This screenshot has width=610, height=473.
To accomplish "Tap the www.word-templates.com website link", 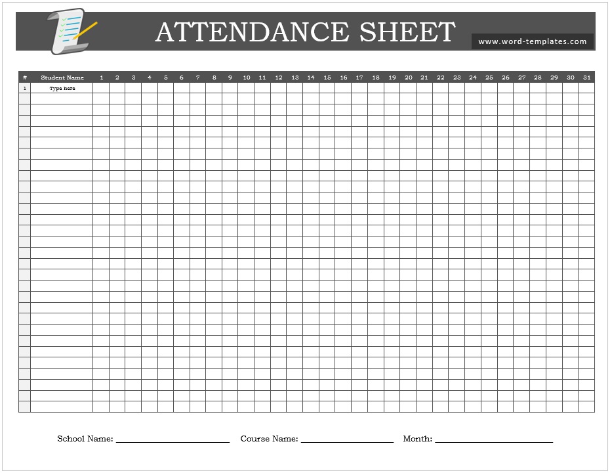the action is tap(532, 41).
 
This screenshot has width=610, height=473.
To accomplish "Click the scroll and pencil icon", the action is tap(70, 31).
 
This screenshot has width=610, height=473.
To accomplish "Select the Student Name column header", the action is tap(62, 78).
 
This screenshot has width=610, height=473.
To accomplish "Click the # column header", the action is tap(25, 78).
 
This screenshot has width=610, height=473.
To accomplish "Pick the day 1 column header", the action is tap(101, 78).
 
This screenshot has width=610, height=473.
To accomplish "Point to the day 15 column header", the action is tap(327, 78).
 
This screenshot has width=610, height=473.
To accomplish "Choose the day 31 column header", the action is tap(586, 78).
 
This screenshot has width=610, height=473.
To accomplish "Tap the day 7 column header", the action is tap(198, 78).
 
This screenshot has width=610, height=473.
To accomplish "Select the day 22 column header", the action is tap(440, 78).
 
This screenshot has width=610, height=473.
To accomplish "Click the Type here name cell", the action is tap(62, 89).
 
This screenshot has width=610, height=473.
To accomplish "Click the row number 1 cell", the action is tap(25, 89).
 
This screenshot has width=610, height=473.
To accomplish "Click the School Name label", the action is tap(85, 439).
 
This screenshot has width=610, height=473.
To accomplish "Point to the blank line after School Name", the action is tap(173, 441).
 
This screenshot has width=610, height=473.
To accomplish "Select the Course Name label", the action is tap(269, 439).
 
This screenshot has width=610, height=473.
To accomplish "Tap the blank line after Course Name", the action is tap(347, 441).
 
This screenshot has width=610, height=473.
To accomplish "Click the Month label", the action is tap(417, 439).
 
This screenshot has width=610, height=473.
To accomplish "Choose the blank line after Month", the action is tap(493, 441).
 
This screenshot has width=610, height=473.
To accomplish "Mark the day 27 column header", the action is tap(521, 78).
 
